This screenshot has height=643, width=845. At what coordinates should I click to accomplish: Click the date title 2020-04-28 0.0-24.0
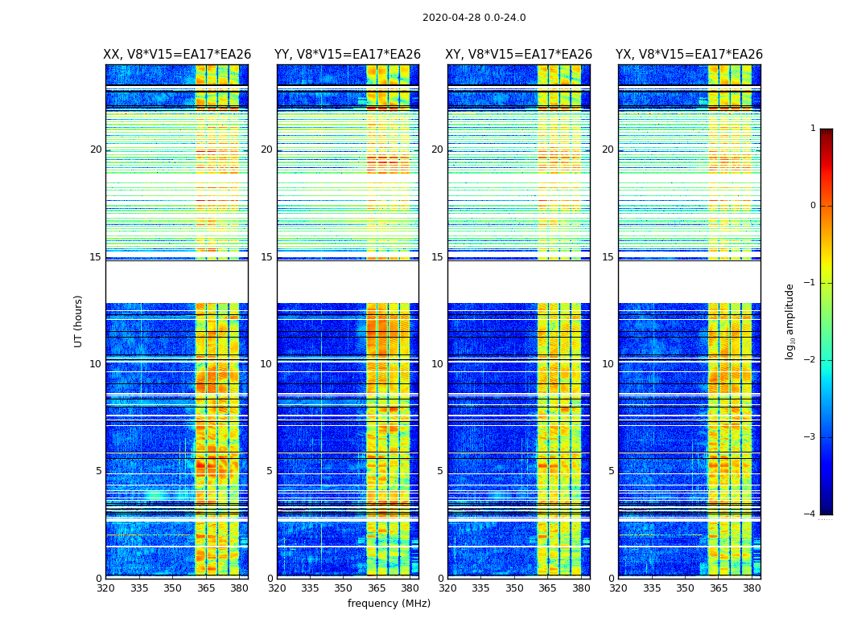coord(474,18)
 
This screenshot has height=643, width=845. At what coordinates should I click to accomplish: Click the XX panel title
coord(177,55)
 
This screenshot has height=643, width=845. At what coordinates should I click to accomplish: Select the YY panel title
coord(348,55)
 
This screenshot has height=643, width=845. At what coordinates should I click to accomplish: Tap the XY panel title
coord(519,55)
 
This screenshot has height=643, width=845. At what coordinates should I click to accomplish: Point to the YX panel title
coord(689,55)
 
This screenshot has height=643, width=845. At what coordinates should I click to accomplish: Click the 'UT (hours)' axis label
coord(79,321)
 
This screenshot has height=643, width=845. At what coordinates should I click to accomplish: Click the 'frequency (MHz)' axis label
coord(389,604)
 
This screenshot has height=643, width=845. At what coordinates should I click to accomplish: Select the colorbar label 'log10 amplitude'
coord(790,321)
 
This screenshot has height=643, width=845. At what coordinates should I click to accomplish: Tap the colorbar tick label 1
coord(813,129)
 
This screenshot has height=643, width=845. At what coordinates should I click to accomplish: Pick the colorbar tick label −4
coord(811,514)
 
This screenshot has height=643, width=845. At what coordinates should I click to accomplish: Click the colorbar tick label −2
coord(811,360)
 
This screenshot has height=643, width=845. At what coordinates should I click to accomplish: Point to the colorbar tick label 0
coord(813,206)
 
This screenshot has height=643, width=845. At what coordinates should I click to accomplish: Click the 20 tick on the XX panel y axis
coord(96,149)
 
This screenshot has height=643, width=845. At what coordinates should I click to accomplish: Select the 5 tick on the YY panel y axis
coord(269,471)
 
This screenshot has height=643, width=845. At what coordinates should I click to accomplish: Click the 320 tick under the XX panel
coord(105,588)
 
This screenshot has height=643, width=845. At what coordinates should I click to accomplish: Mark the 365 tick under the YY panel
coord(377,588)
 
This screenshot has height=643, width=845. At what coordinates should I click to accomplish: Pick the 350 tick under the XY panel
coord(514,588)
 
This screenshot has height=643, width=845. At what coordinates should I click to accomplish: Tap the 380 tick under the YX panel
coord(752,588)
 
